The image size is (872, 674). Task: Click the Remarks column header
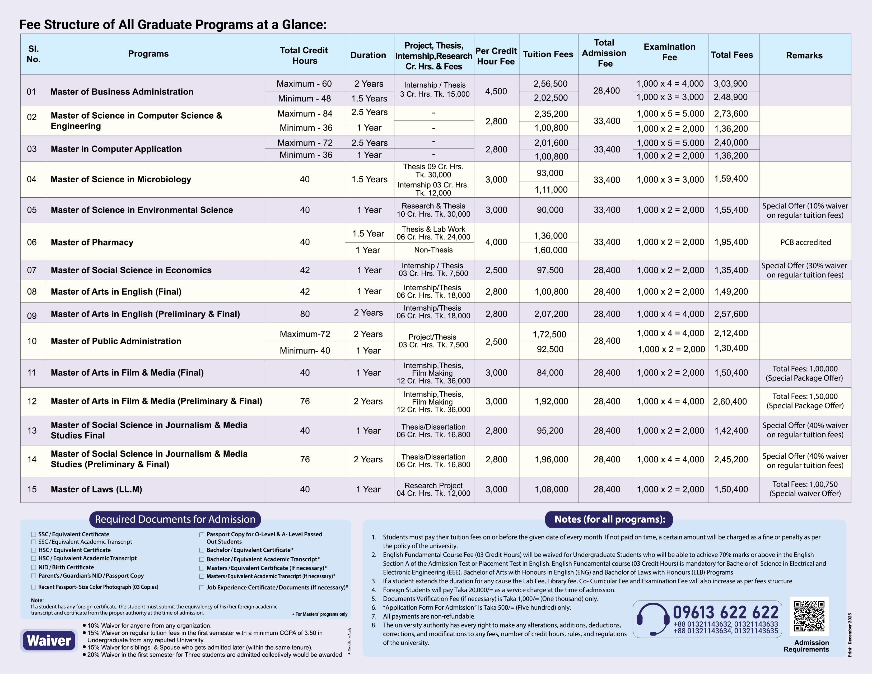click(x=804, y=55)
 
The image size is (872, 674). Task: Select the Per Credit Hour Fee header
click(x=496, y=56)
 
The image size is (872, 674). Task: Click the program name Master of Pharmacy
click(x=92, y=242)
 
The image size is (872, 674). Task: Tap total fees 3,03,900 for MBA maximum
click(x=731, y=84)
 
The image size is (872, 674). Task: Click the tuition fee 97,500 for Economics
click(x=550, y=270)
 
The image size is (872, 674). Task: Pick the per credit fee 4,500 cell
click(x=496, y=91)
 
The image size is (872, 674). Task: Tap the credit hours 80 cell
click(x=305, y=314)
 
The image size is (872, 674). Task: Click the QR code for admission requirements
click(x=809, y=616)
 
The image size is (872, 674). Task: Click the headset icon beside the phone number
click(x=652, y=619)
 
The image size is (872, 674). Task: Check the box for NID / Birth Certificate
click(x=34, y=567)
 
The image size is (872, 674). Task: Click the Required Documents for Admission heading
click(x=175, y=519)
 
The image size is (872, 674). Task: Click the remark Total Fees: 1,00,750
click(x=805, y=484)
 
